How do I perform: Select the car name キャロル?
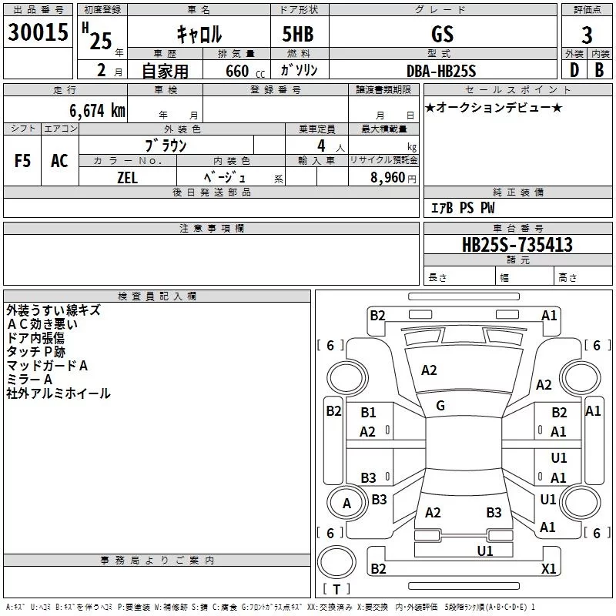coord(199,34)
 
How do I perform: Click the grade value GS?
coord(443,34)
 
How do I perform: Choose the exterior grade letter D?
coord(574,69)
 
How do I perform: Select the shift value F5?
coord(23,160)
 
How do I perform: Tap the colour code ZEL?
coord(127,176)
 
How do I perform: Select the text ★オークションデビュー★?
coord(494,107)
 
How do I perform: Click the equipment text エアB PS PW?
coord(462,208)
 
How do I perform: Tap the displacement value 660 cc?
coord(246,71)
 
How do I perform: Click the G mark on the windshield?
coord(440,406)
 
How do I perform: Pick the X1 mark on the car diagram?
coord(549,568)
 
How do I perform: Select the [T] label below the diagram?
coord(336,589)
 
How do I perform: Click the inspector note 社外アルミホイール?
coord(59,393)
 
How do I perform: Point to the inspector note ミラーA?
coord(29,380)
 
